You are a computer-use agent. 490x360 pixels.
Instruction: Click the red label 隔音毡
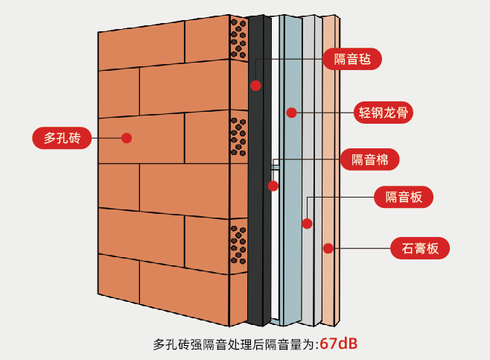(353, 59)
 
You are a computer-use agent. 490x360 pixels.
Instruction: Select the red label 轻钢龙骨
(382, 113)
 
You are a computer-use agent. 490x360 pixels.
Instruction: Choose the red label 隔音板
(403, 197)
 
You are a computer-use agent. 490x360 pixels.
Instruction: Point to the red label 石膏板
(420, 247)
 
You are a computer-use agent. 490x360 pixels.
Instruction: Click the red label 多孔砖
(62, 138)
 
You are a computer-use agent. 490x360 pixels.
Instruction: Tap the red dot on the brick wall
(127, 138)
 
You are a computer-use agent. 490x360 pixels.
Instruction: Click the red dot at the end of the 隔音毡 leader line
(255, 85)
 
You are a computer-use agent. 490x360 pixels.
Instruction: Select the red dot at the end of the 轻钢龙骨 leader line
(291, 113)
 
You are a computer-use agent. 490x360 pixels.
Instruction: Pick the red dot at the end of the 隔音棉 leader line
(273, 186)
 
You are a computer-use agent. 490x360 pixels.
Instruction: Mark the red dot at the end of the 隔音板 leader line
(307, 223)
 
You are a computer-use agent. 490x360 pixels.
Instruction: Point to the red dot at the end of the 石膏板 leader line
(327, 247)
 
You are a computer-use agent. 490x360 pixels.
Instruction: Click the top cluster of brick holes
(238, 39)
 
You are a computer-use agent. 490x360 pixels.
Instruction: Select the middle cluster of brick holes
(238, 134)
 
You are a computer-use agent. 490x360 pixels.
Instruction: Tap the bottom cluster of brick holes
(238, 245)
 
